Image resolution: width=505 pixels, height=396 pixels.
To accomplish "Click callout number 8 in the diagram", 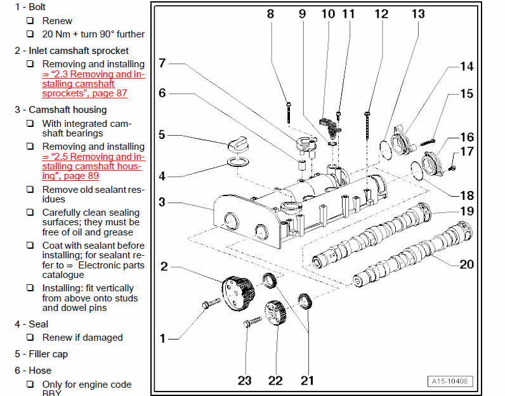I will [270, 13].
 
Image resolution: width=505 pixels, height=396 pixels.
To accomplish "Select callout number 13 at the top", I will [418, 13].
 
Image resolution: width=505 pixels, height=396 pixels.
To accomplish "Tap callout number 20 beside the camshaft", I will [466, 264].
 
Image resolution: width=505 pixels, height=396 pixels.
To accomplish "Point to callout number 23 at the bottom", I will [245, 380].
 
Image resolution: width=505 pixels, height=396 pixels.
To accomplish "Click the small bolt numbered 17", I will [452, 168].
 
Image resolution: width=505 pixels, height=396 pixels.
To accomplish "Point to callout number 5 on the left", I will [162, 135].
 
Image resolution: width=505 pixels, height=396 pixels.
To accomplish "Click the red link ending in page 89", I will [93, 166].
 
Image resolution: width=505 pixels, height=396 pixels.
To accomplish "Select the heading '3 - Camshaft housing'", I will [61, 110].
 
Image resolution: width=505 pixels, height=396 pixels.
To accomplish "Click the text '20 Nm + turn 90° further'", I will [93, 34].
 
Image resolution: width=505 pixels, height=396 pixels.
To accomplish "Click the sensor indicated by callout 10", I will [329, 123].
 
